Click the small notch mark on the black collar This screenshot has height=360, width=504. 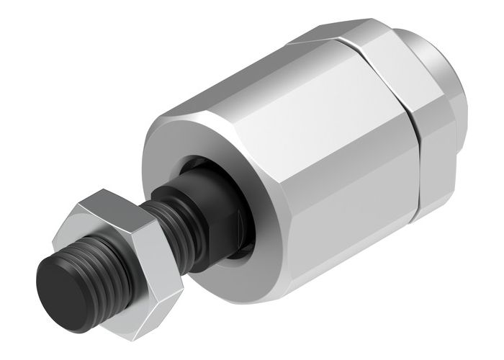pyautogui.click(x=238, y=216)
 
